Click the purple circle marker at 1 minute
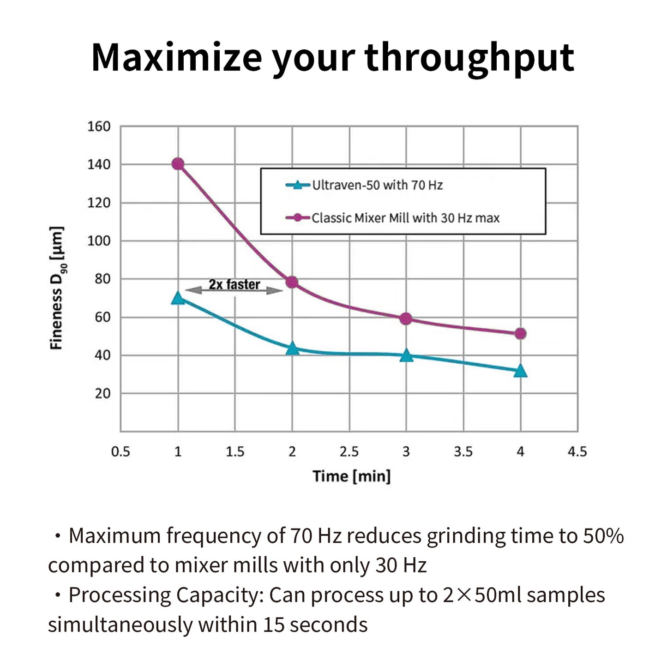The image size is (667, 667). tap(178, 164)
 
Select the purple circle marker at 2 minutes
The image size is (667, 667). tap(292, 282)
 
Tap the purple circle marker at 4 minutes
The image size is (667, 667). tap(520, 334)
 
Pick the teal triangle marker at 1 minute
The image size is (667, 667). tap(178, 298)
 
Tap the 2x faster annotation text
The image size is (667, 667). tap(234, 284)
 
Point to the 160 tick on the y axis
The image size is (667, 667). tap(99, 126)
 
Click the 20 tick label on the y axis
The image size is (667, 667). tap(102, 394)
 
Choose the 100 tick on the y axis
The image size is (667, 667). tap(99, 241)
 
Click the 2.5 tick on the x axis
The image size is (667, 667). tap(349, 452)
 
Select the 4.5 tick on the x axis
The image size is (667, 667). tap(577, 452)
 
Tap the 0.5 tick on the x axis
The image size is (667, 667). tap(120, 452)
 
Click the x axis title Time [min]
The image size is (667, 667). tap(351, 476)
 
